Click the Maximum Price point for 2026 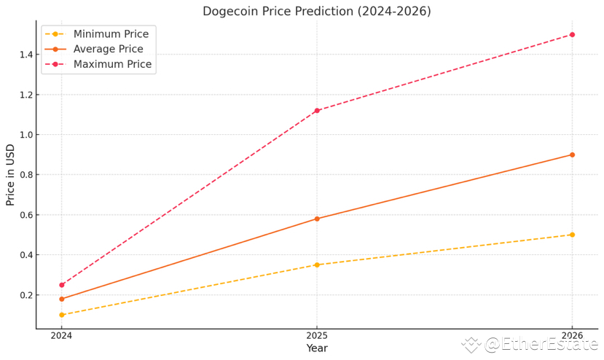coord(572,34)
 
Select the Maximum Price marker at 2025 coord(317,111)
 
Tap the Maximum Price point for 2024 coord(62,285)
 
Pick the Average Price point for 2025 coord(317,219)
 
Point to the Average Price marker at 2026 coord(572,154)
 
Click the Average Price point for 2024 coord(62,299)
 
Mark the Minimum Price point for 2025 coord(317,265)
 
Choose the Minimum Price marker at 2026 coord(572,235)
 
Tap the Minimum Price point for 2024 coord(62,315)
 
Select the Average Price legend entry coord(109,49)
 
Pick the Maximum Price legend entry coord(112,64)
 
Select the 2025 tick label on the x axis coord(317,335)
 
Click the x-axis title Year coord(317,348)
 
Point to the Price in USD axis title coord(10,175)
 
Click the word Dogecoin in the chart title coord(232,11)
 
